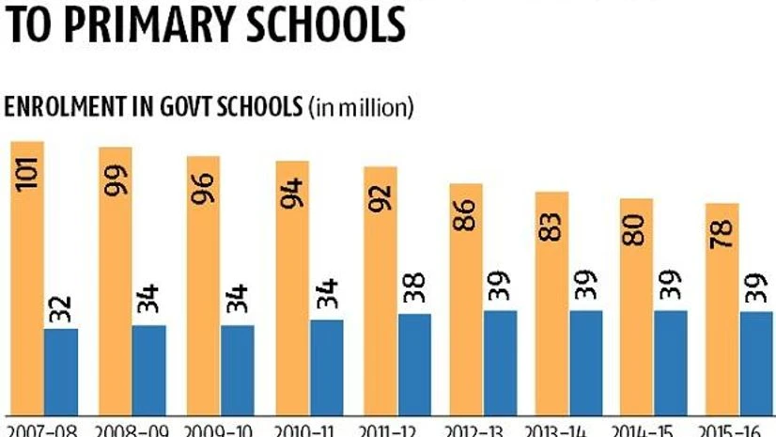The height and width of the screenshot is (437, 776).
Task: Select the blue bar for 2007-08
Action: pos(61,370)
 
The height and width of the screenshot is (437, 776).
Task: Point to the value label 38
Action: pos(414,288)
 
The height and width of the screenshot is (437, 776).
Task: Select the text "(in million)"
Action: pos(361,107)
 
